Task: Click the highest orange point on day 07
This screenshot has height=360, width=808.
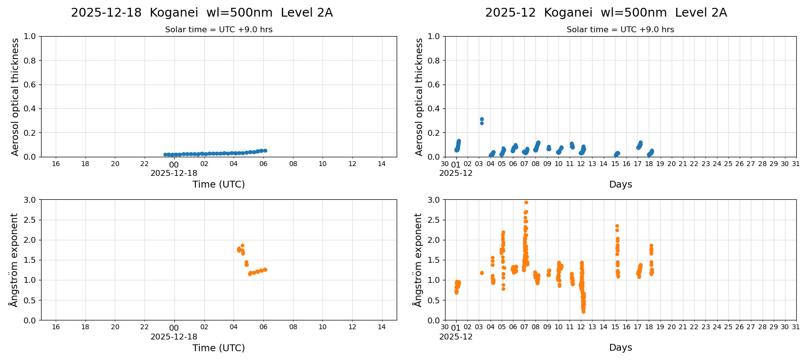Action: [526, 202]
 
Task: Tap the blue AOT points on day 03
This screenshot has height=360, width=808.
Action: [482, 120]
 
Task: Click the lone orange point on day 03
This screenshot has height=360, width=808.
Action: [482, 273]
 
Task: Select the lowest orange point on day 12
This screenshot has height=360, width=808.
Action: [583, 311]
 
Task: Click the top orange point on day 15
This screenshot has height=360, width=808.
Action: [617, 226]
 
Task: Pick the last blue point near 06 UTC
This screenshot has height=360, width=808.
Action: [265, 150]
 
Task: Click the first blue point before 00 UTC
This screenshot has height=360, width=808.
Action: [165, 154]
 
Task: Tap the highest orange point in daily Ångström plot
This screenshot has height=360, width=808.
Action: [242, 246]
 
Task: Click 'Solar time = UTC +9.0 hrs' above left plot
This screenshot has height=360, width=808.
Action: [218, 30]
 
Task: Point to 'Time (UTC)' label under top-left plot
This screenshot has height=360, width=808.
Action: [218, 184]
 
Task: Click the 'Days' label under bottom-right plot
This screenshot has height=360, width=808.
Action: [620, 347]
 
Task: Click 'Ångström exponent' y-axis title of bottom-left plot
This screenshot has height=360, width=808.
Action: [14, 260]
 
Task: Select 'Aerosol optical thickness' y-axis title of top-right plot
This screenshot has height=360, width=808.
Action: [419, 97]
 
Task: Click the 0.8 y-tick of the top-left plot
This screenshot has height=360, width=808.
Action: [30, 61]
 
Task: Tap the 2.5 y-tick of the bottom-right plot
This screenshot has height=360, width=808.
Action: [434, 220]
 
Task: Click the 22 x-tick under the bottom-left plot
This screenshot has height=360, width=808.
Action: [145, 327]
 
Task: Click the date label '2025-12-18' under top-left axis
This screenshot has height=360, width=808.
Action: [174, 173]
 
